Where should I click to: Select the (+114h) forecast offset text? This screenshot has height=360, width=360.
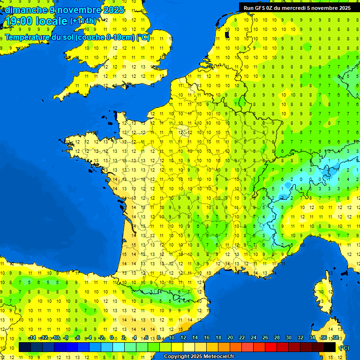(x=83, y=21)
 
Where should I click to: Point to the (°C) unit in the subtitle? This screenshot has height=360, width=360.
(x=143, y=37)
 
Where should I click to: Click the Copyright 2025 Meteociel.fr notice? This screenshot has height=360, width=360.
(x=199, y=357)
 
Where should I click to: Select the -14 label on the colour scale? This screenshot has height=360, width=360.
(x=32, y=338)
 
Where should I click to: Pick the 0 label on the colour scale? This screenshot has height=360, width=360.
(x=112, y=338)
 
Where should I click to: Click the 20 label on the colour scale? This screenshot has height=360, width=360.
(x=230, y=338)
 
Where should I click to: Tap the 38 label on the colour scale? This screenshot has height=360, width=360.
(x=335, y=338)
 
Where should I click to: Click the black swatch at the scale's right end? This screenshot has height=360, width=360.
(x=330, y=347)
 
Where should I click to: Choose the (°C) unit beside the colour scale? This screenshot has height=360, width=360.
(x=344, y=347)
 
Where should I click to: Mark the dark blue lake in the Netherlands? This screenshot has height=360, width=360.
(x=227, y=34)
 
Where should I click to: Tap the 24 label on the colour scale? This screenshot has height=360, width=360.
(x=253, y=338)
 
